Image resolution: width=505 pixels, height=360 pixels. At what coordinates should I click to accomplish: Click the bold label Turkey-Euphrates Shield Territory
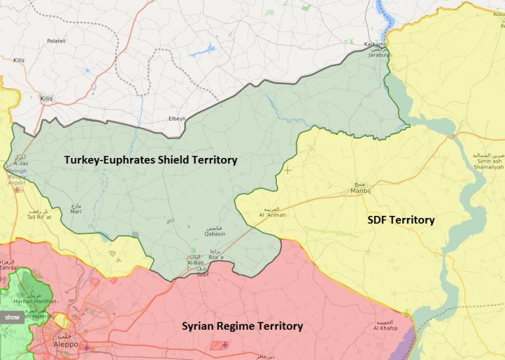pyautogui.click(x=150, y=159)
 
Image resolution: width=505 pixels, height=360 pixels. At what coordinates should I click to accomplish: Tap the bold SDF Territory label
pyautogui.click(x=400, y=220)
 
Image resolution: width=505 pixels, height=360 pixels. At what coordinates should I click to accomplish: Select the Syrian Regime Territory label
pyautogui.click(x=242, y=326)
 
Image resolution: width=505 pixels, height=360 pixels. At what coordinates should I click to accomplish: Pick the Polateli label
pyautogui.click(x=57, y=41)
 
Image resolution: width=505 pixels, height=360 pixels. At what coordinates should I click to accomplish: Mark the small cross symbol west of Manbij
pyautogui.click(x=287, y=170)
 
